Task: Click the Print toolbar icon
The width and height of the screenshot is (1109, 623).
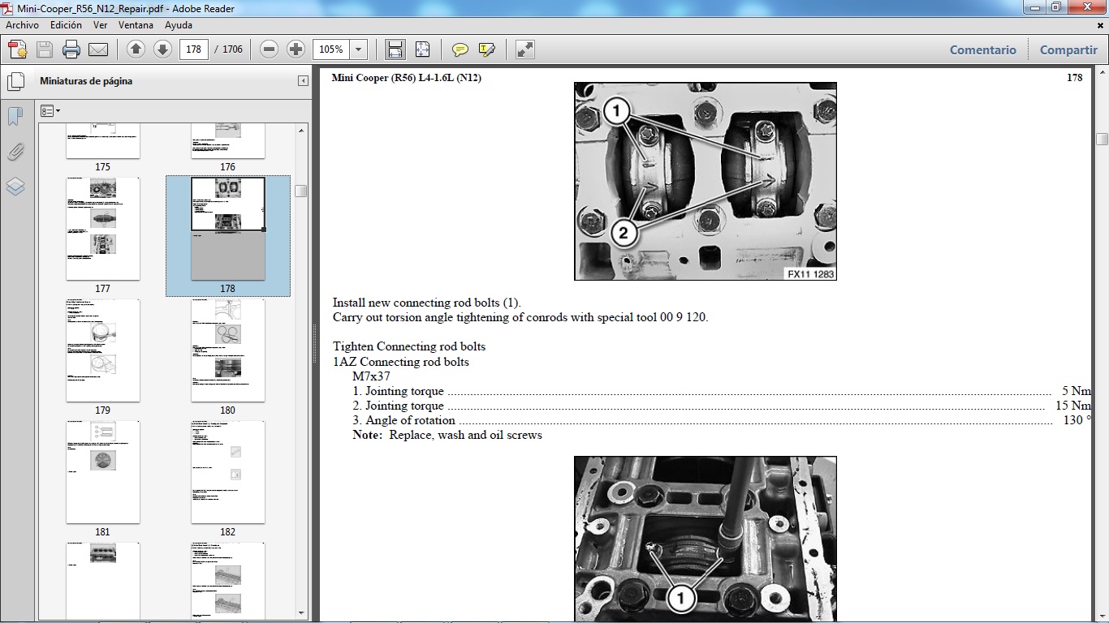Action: (x=71, y=49)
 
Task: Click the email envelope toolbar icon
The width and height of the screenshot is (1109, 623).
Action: (x=98, y=49)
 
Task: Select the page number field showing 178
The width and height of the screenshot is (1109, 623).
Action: (x=193, y=49)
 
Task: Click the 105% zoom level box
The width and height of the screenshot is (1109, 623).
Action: (x=331, y=49)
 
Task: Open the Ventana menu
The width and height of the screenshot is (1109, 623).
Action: (x=136, y=25)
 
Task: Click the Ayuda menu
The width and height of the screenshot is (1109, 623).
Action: (x=179, y=25)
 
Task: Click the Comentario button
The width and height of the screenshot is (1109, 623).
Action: (x=982, y=49)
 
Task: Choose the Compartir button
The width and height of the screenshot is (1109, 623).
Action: (x=1068, y=49)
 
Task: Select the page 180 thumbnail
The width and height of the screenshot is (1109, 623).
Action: (x=227, y=350)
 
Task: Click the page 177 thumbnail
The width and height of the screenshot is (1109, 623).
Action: (x=102, y=229)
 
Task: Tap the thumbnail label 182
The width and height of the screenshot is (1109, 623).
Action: (x=227, y=532)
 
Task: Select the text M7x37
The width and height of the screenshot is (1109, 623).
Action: (x=371, y=376)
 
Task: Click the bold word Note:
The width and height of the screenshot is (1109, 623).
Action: (x=367, y=435)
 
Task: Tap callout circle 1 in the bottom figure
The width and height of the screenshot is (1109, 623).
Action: (x=680, y=599)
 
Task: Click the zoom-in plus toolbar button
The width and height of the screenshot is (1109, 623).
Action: (x=296, y=49)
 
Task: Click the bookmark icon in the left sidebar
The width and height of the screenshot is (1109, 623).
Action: (x=15, y=116)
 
